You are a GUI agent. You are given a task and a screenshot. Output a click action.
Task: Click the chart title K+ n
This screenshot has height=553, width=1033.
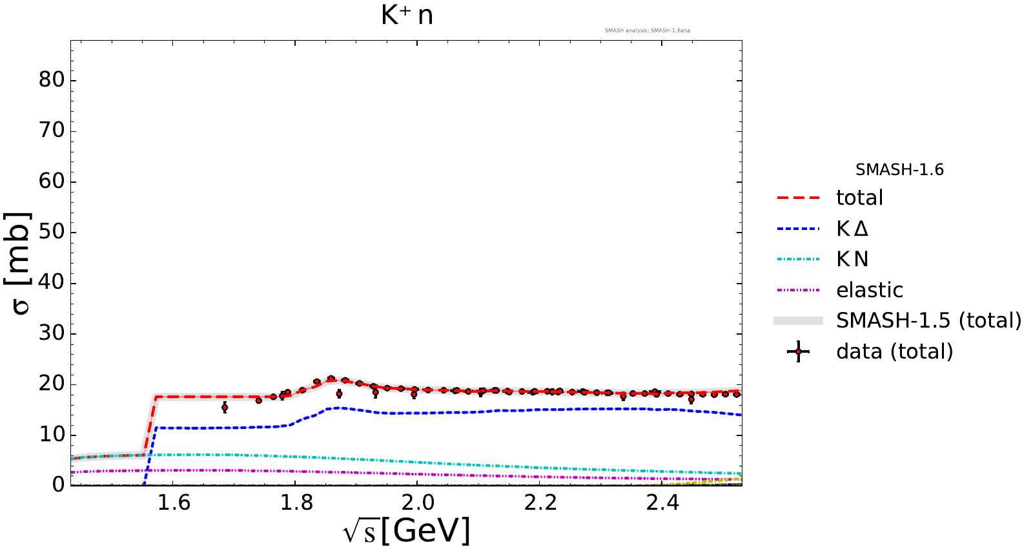[407, 15]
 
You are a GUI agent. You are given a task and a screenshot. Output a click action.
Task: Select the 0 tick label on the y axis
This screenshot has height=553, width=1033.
[58, 485]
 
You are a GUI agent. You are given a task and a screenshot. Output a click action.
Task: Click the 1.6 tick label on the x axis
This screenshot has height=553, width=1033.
[174, 503]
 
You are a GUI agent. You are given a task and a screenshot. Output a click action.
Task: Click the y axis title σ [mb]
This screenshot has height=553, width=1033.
[21, 264]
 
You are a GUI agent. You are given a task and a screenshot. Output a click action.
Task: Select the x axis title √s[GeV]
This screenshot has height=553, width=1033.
[407, 531]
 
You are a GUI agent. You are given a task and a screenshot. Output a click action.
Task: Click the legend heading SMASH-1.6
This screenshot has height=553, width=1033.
[899, 170]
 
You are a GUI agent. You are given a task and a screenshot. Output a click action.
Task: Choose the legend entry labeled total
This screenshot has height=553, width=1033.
[859, 198]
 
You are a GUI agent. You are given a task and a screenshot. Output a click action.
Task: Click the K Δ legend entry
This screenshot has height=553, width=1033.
[852, 229]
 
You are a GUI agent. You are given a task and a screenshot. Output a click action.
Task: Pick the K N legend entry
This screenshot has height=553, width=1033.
[852, 259]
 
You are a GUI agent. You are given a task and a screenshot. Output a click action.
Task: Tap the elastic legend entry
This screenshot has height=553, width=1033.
[869, 290]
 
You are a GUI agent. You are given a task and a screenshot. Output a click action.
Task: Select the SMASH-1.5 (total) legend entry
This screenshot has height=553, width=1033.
[928, 320]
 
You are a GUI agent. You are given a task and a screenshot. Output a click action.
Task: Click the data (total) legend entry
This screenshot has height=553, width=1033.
[894, 351]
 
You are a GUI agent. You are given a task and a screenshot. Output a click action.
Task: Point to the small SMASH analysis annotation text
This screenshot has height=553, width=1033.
[647, 30]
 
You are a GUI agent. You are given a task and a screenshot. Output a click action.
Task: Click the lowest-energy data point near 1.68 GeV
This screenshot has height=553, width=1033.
[225, 407]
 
